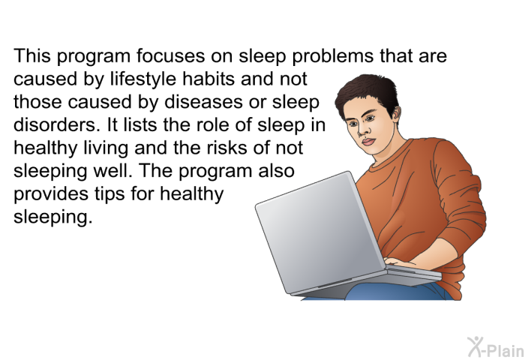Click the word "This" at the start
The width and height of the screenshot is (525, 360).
[x=32, y=55]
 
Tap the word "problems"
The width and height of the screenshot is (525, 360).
[x=332, y=57]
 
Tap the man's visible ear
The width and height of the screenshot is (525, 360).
[x=397, y=114]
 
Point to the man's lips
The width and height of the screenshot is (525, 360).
[x=369, y=141]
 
